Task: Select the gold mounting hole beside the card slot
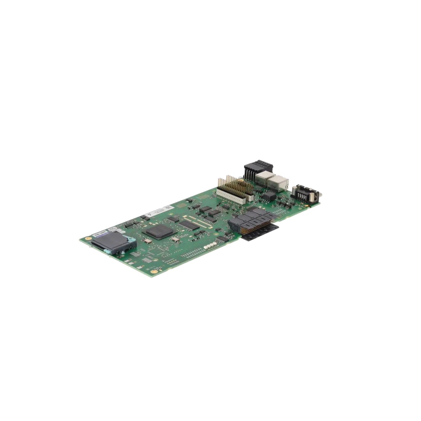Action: pos(87,239)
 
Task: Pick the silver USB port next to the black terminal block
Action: pos(262,178)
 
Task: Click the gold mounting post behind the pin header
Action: pos(240,181)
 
